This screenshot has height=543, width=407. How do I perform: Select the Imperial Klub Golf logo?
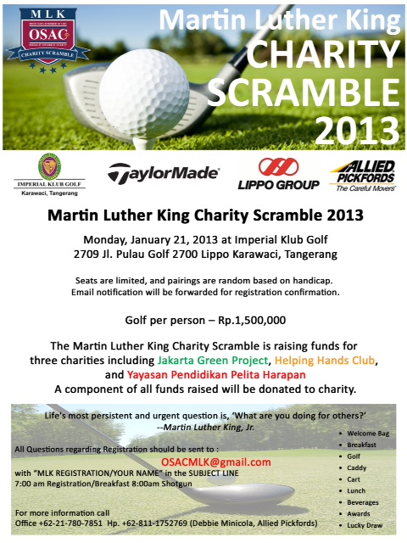click(x=50, y=175)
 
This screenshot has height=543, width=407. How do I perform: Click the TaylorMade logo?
click(x=163, y=175)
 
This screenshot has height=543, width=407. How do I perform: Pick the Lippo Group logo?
click(x=277, y=175)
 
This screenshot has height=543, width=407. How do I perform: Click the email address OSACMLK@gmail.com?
click(x=216, y=462)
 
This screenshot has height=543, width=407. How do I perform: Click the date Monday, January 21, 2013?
click(x=146, y=239)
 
